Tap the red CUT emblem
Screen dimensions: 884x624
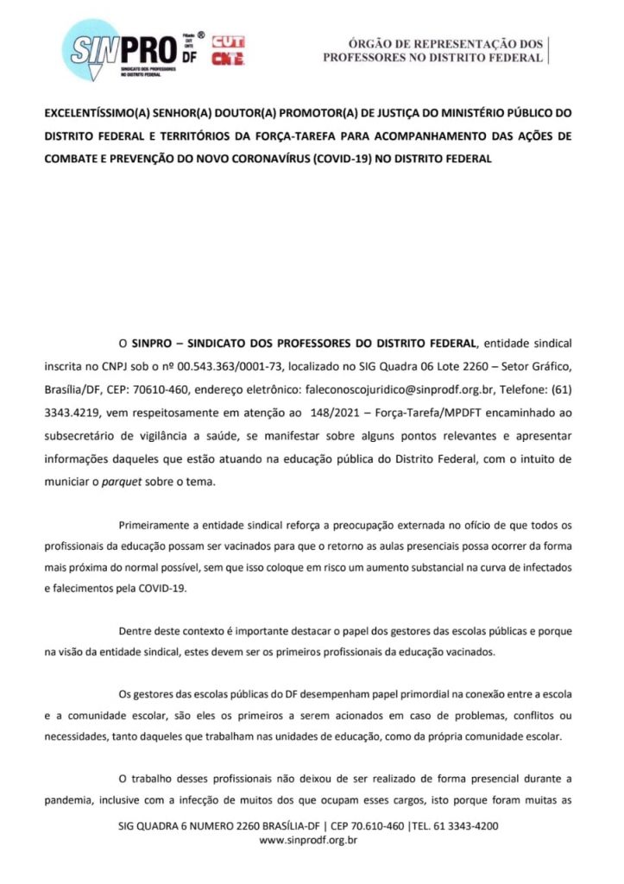[228, 41]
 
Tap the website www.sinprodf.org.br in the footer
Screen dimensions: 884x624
[308, 839]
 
